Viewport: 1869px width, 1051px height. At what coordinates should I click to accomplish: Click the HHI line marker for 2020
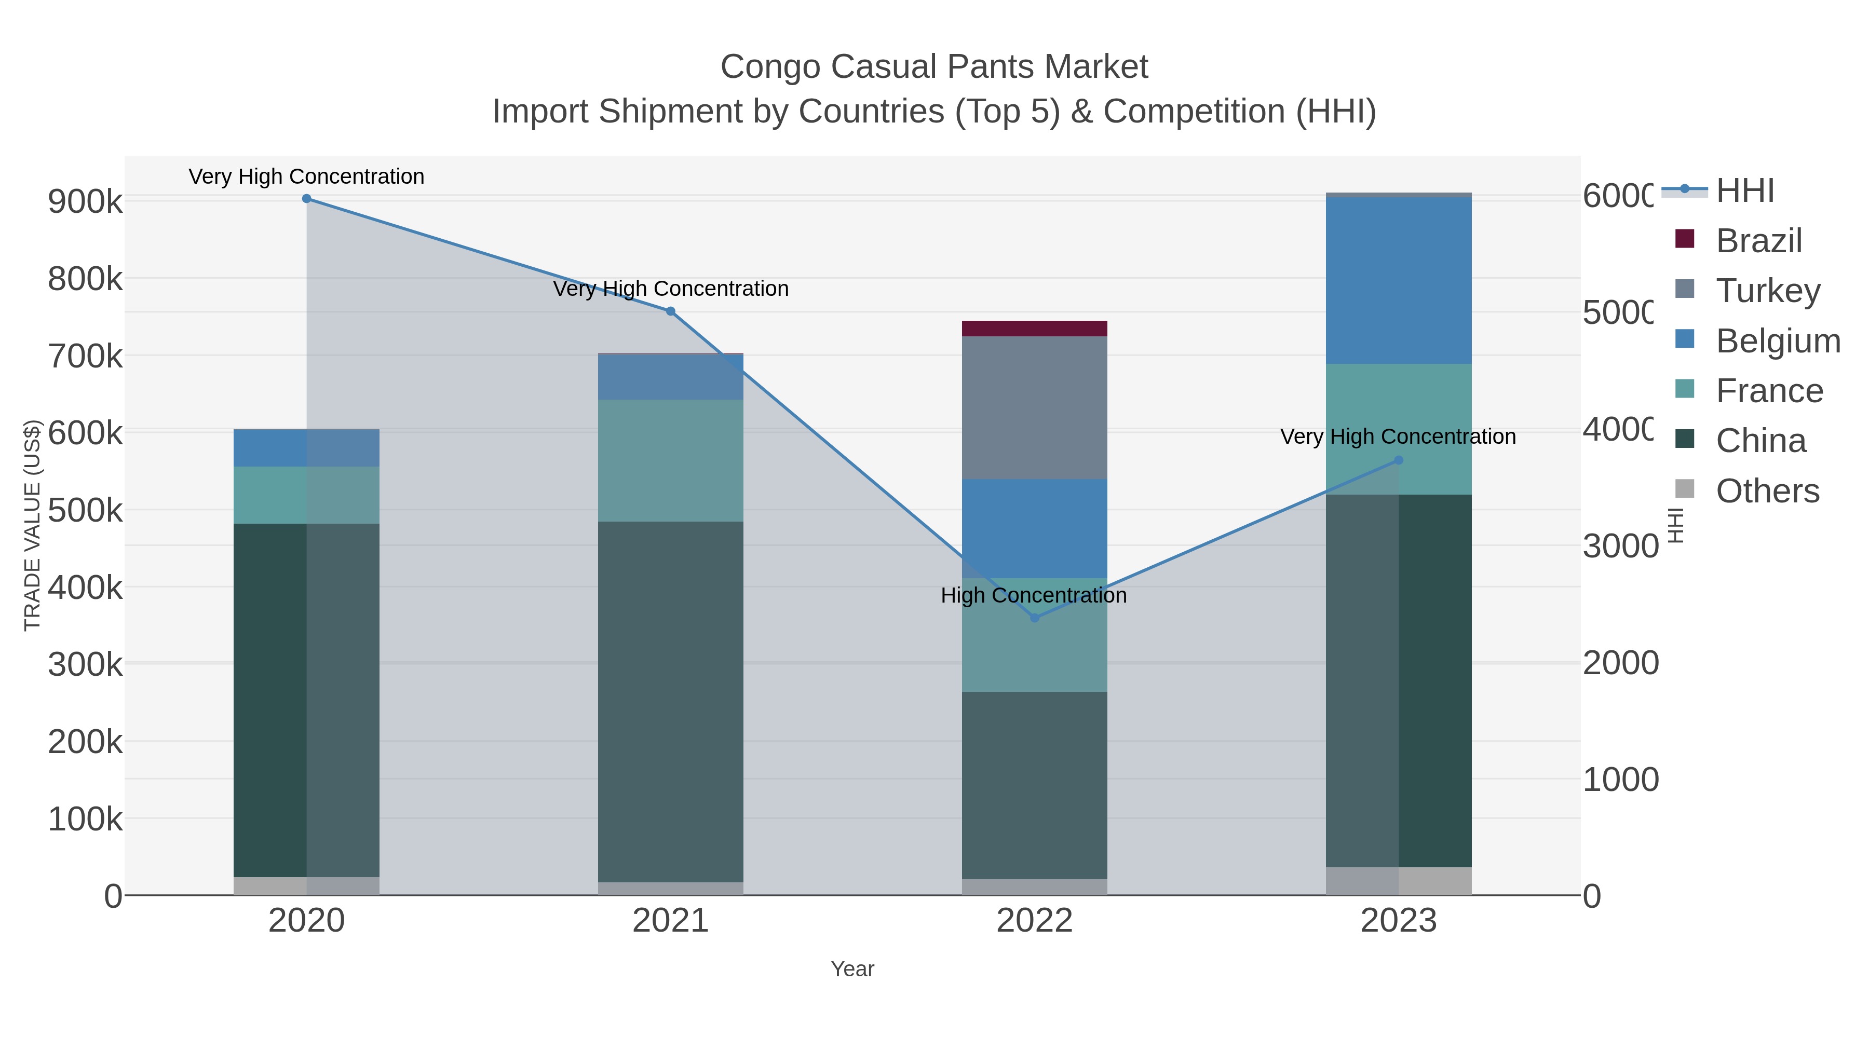click(x=306, y=199)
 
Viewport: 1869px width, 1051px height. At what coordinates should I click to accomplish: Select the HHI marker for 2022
click(x=1035, y=618)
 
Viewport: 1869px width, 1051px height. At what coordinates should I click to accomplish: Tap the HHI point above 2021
click(x=670, y=312)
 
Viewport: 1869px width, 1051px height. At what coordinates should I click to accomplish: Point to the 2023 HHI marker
click(x=1399, y=460)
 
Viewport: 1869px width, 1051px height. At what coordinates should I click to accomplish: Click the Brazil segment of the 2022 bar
click(x=1035, y=329)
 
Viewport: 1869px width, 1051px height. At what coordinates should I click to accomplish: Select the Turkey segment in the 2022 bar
click(x=1035, y=407)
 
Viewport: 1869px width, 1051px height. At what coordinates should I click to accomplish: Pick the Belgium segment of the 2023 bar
click(x=1399, y=281)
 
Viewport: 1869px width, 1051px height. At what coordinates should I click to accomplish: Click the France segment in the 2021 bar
click(x=670, y=460)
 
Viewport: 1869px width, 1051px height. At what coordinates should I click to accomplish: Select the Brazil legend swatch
click(x=1685, y=239)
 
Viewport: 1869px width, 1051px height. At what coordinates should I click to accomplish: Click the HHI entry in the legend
click(x=1744, y=191)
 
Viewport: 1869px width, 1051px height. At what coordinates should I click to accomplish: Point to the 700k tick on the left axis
click(x=85, y=356)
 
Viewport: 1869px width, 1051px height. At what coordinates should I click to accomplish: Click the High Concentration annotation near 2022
click(x=1033, y=595)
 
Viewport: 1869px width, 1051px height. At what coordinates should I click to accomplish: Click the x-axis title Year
click(x=852, y=969)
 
